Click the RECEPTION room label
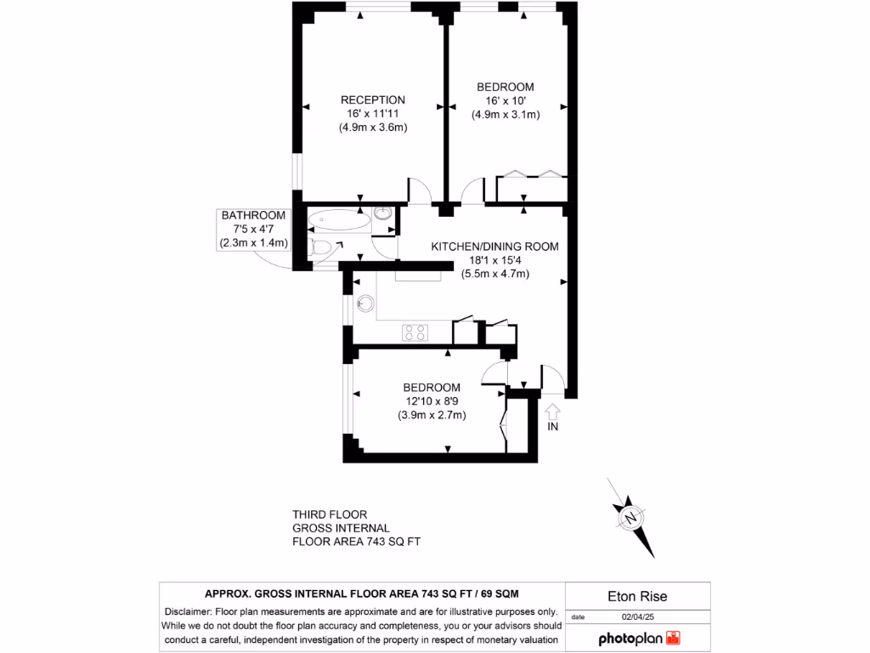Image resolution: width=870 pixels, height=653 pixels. (x=373, y=99)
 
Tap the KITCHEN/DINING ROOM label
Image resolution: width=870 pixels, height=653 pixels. (x=494, y=247)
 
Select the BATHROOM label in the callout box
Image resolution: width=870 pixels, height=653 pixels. (x=253, y=215)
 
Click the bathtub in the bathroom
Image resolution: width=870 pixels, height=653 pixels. (x=339, y=222)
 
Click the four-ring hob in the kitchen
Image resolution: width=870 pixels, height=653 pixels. (x=414, y=332)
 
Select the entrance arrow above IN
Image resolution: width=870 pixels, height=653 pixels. (x=552, y=412)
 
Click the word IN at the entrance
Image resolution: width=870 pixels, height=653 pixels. (x=552, y=427)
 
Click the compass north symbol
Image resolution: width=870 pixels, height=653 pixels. (x=630, y=517)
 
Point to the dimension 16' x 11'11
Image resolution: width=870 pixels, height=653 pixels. (x=373, y=114)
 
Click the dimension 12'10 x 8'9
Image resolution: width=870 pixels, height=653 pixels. (x=432, y=401)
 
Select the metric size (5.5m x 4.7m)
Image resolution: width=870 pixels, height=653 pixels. (x=495, y=274)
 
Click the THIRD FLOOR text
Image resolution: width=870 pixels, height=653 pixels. (x=330, y=514)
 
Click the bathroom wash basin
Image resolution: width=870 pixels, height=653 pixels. (x=383, y=218)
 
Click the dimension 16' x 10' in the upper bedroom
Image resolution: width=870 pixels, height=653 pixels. (x=506, y=101)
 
